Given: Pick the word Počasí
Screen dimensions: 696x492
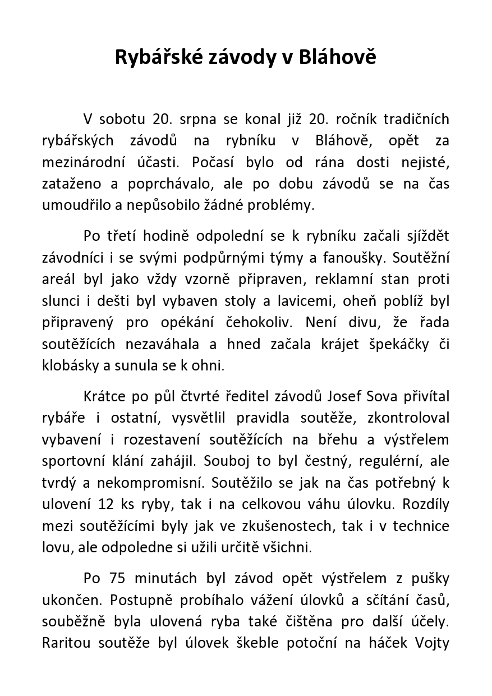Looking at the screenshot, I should click(x=213, y=162).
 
